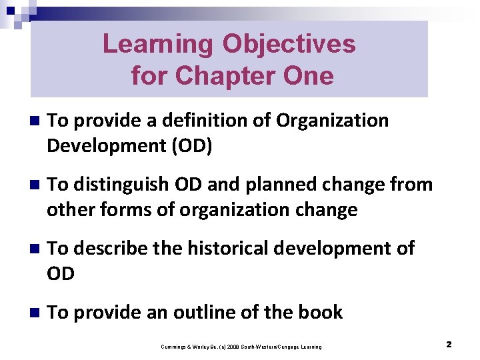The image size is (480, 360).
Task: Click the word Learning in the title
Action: click(158, 45)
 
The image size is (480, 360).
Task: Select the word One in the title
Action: click(307, 75)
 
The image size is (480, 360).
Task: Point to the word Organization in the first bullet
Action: click(332, 121)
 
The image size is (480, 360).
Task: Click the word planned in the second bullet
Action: click(275, 185)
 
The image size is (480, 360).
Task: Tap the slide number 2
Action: click(449, 345)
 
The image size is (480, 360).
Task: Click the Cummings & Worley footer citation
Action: click(241, 347)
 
